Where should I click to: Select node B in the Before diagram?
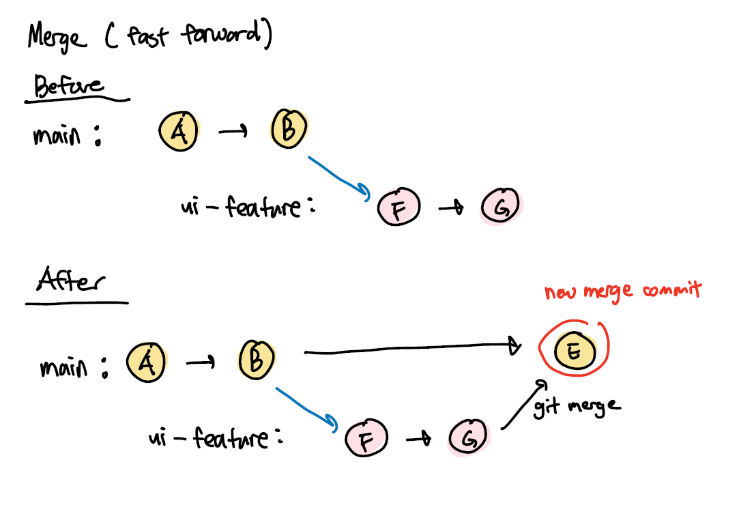pos(289,129)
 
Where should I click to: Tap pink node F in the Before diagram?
pos(398,207)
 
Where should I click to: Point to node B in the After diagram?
pos(257,358)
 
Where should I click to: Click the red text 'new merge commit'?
pos(623,291)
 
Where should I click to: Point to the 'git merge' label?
pos(577,407)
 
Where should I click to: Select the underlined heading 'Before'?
pos(69,87)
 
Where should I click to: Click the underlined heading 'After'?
pos(71,281)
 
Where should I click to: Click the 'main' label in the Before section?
pos(57,135)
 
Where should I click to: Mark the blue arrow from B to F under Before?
pos(339,177)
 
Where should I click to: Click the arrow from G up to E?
pos(523,406)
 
